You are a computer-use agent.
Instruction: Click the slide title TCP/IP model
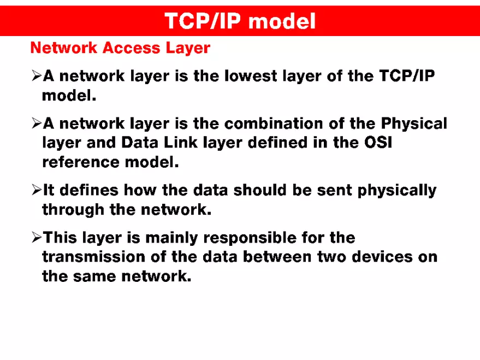point(240,21)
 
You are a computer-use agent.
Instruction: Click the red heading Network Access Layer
point(120,48)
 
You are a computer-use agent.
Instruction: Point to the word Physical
point(414,123)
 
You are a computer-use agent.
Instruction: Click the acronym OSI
point(378,143)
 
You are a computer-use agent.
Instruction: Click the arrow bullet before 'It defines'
point(37,190)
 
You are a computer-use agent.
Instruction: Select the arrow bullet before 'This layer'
point(37,238)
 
